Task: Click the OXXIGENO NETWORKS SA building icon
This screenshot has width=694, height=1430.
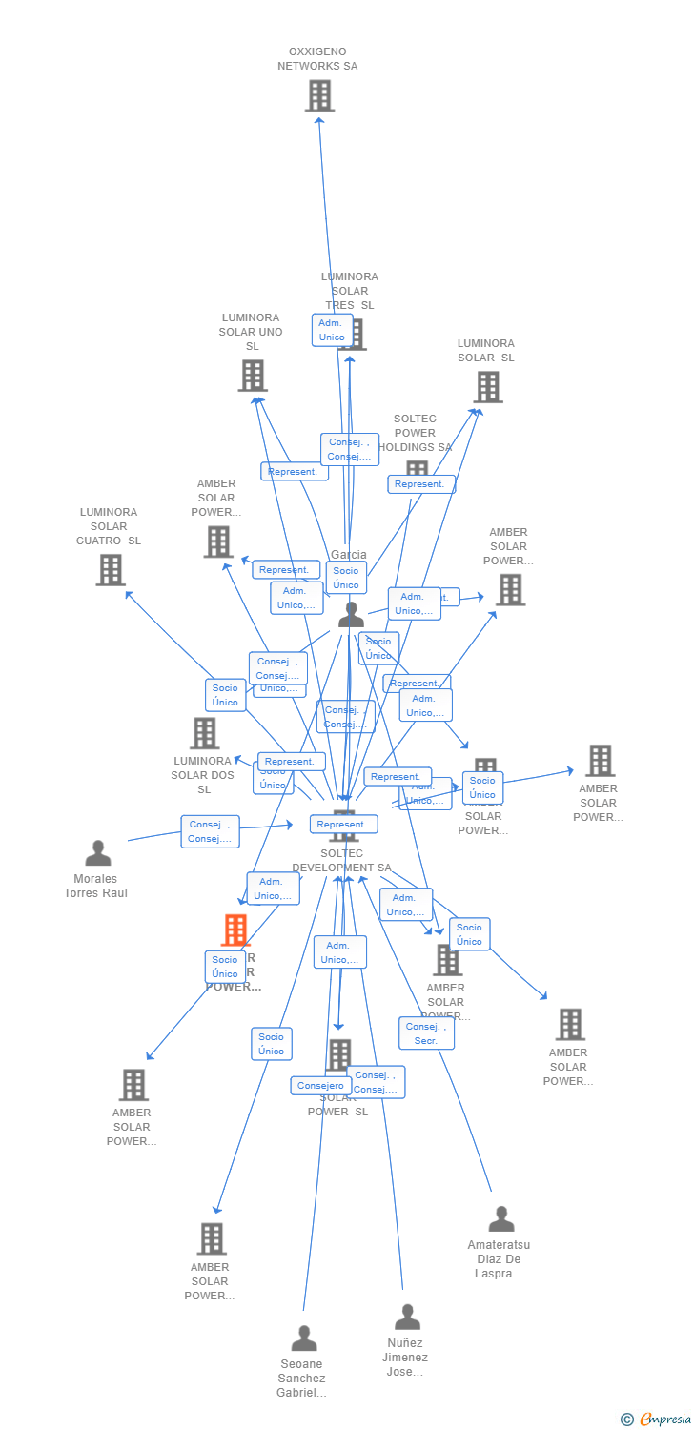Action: coord(319,95)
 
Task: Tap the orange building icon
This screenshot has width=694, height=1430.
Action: coord(235,929)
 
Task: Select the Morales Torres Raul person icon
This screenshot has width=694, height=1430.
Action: coord(98,853)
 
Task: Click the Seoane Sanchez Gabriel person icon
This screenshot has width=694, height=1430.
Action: coord(304,1338)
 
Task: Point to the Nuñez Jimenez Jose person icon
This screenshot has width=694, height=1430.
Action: coord(407,1318)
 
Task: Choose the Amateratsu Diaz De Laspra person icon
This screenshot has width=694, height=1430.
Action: coord(501,1219)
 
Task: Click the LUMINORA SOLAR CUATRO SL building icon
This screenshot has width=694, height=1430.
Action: coord(111,570)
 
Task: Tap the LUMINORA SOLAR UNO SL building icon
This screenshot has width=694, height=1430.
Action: coord(253,376)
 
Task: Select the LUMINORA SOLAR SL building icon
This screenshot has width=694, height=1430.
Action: coord(488,387)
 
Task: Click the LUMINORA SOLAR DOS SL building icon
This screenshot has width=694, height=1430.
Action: coord(205,733)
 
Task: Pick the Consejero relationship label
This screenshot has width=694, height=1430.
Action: coord(320,1085)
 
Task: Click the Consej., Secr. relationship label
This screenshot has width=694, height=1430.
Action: coord(426,1033)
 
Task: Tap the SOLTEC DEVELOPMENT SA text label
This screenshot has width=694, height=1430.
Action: coord(341,861)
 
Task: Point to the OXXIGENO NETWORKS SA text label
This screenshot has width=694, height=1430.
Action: coord(317,59)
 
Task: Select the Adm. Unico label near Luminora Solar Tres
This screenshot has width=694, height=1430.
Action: coord(332,330)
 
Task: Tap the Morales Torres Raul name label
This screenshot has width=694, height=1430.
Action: coord(95,886)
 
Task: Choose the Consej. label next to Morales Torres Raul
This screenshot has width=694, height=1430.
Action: coord(210,831)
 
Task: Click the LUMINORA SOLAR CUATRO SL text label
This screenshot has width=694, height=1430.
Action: coord(109,526)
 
